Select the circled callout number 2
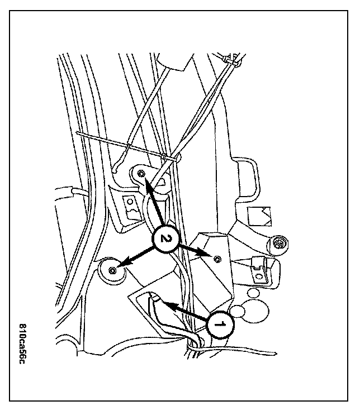click(x=163, y=238)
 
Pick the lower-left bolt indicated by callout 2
click(x=112, y=270)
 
